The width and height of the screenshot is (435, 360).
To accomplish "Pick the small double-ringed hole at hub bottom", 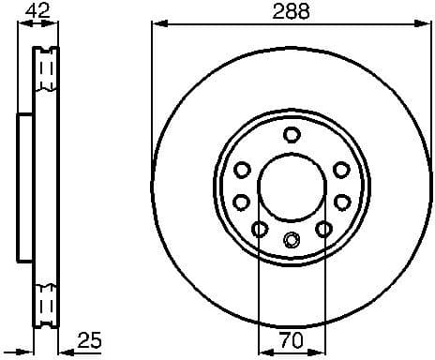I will click(x=291, y=239).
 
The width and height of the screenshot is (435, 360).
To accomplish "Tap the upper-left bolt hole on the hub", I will click(x=241, y=169).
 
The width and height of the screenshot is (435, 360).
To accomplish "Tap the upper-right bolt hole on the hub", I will click(x=340, y=169).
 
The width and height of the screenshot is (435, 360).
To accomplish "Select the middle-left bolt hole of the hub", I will click(x=241, y=202).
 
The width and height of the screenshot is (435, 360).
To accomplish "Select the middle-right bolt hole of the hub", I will click(x=340, y=202).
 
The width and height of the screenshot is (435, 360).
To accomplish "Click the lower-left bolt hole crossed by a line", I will click(x=259, y=229).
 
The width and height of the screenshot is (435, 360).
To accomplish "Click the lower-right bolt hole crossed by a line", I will click(x=322, y=229).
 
